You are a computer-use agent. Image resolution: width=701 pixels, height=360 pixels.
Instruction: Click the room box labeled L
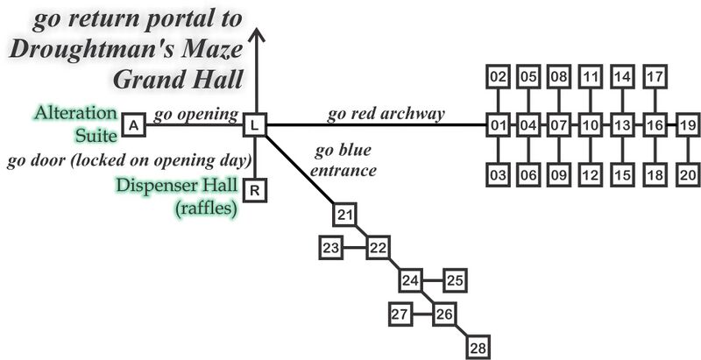(x=254, y=125)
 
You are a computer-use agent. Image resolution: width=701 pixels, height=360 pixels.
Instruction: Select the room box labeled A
(x=133, y=125)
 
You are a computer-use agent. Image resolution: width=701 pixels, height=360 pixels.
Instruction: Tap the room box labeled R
(x=254, y=189)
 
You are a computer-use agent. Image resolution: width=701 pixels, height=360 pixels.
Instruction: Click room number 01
(x=499, y=125)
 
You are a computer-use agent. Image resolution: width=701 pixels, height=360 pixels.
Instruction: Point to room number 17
(x=655, y=77)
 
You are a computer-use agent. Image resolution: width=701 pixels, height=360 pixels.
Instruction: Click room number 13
(x=622, y=125)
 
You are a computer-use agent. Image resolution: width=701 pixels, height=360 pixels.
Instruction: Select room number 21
(x=345, y=214)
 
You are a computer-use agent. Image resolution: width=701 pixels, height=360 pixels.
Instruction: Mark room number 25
(x=455, y=280)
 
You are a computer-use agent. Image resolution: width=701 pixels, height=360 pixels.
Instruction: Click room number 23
(x=330, y=249)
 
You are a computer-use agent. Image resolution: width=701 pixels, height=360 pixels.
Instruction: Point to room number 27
(x=400, y=314)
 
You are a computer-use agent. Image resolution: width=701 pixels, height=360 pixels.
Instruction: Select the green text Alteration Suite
(x=75, y=124)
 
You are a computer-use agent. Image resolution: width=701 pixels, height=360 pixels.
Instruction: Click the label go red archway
(x=386, y=114)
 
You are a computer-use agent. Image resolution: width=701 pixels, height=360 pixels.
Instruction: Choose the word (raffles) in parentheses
(x=206, y=208)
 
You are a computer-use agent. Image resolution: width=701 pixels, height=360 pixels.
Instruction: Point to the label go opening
(x=196, y=115)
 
